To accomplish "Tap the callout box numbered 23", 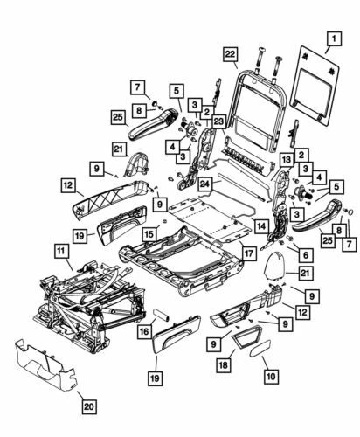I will coord(218,122).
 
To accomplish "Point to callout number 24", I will coord(204,184).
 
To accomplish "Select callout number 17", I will coord(248,254).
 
